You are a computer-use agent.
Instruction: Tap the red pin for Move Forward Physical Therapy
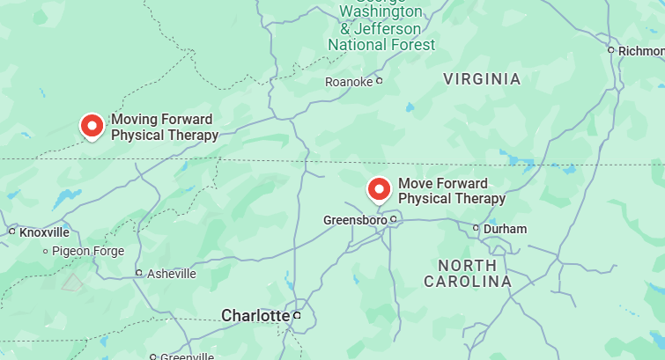[379, 189]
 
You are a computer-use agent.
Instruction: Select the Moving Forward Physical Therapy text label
[164, 128]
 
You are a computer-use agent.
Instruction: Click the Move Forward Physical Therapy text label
[452, 191]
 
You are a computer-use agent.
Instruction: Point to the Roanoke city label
[349, 82]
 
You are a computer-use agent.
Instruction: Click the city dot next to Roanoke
[380, 81]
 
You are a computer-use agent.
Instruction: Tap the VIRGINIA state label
[482, 79]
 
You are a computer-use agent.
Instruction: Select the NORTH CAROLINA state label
[468, 273]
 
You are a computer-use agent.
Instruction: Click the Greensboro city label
[355, 220]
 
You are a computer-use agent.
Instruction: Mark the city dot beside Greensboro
[395, 218]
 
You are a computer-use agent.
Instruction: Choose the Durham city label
[505, 229]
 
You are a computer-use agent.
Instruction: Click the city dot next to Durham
[477, 228]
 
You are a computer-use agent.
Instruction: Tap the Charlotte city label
[255, 315]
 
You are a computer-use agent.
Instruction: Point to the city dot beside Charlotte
[298, 315]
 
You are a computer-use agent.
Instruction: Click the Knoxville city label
[44, 232]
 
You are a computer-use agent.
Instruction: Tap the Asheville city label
[171, 274]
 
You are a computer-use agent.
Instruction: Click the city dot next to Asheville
[138, 274]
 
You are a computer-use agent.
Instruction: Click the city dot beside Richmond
[610, 50]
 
